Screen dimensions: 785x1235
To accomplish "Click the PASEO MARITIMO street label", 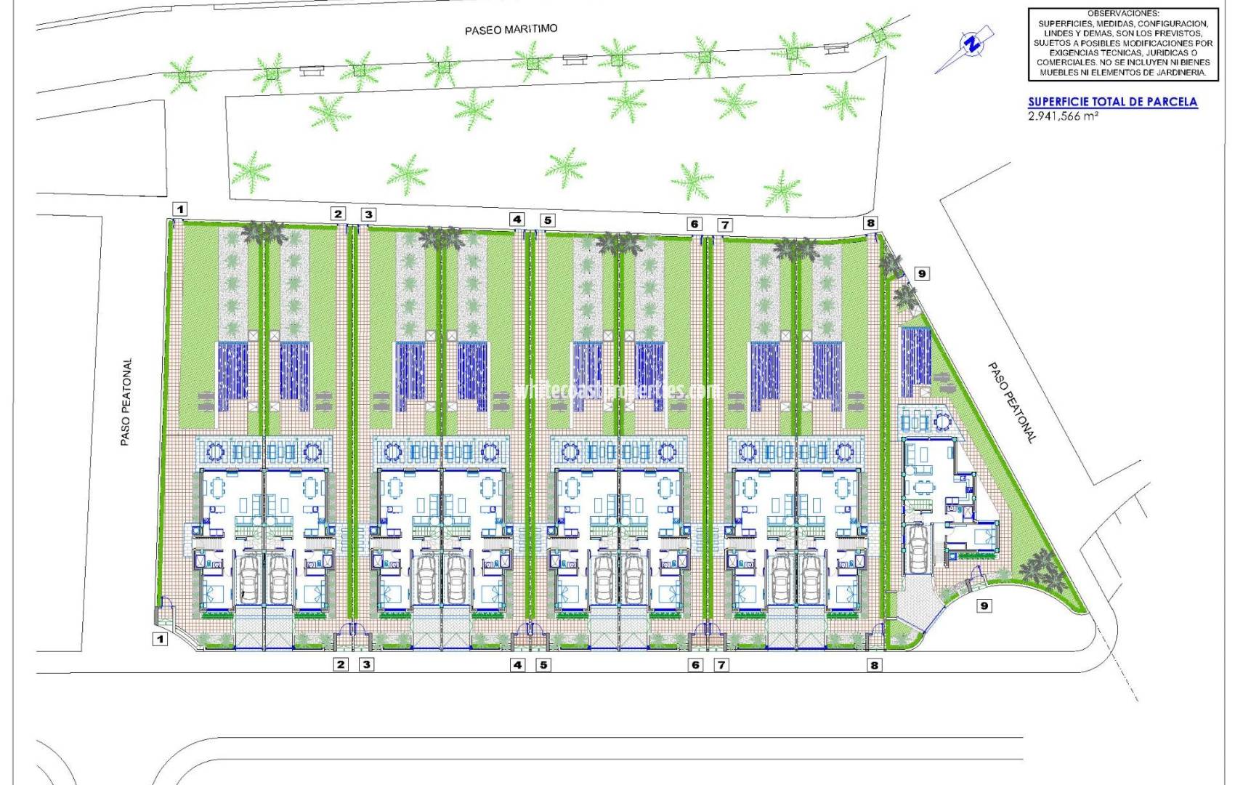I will [511, 30].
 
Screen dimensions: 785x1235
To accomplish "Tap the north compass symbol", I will [970, 44].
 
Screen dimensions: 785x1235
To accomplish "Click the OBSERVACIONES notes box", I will [1122, 44].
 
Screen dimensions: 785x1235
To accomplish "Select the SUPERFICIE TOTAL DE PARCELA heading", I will [1112, 102].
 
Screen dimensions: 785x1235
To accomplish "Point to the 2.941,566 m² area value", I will [1063, 116].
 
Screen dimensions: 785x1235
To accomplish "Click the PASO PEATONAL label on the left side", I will [126, 401].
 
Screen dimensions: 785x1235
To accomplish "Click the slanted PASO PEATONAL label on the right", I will [1011, 403].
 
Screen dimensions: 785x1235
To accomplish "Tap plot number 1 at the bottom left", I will [160, 640].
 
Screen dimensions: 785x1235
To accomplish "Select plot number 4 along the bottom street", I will [517, 664].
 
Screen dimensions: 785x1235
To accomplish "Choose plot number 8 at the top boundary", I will [870, 223].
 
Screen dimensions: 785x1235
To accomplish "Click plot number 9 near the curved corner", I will [984, 605].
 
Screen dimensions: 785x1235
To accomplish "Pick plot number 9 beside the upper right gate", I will [921, 274].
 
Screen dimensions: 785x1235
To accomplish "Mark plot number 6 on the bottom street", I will [695, 664].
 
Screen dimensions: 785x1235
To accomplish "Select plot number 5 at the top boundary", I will [547, 220].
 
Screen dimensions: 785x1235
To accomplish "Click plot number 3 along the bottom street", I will [367, 664].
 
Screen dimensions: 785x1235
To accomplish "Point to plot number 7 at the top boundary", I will [724, 225].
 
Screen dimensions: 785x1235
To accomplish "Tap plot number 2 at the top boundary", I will [338, 214].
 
